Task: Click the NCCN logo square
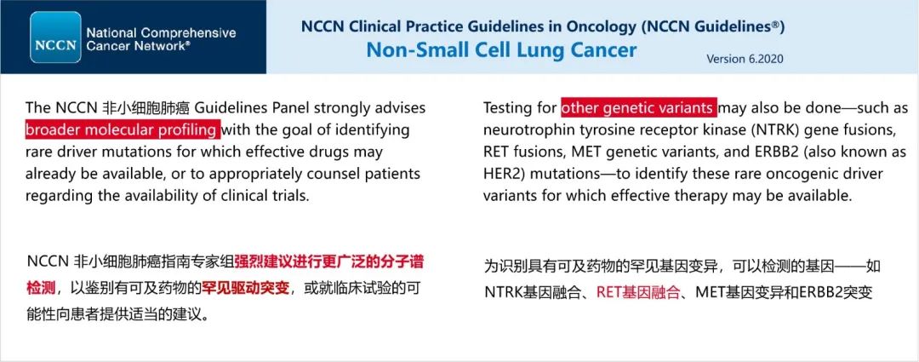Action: (x=55, y=37)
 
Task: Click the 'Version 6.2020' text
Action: (x=745, y=60)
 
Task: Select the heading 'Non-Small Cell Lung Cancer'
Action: (x=501, y=49)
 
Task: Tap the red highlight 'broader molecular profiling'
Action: (x=123, y=129)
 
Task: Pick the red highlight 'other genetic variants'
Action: (x=639, y=108)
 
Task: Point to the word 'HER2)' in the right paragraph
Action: (x=501, y=175)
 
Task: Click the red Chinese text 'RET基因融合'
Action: (x=638, y=292)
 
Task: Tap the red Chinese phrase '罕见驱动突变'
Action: (x=246, y=288)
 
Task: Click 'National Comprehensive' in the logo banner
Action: (x=161, y=33)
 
